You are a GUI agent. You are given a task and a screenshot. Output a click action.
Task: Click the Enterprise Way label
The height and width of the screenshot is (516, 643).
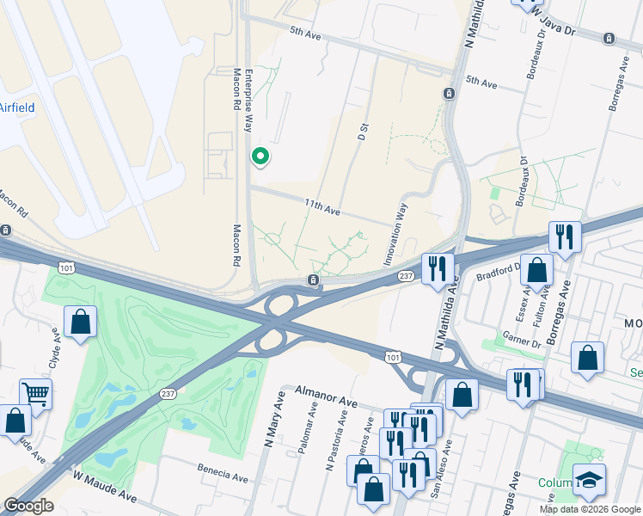248,100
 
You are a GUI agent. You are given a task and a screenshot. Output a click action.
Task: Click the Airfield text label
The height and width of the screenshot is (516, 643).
15,108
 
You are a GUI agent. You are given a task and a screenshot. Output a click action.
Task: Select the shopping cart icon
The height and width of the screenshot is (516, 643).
35,394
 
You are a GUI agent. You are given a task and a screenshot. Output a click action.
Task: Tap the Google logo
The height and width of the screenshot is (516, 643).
28,506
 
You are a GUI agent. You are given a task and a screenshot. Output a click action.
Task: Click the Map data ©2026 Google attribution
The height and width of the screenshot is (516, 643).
590,509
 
